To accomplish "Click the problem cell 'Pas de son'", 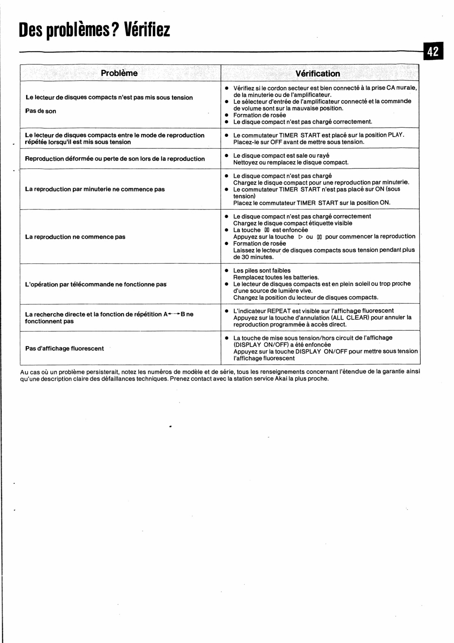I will point(41,111).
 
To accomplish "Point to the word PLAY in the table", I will point(395,135).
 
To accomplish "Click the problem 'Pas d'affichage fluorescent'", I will point(64,349).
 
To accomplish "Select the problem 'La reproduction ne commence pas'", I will point(75,237).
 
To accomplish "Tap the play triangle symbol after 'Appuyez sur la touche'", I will point(301,237).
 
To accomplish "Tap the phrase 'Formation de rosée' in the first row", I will point(260,115).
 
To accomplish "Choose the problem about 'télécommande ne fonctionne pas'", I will point(96,285).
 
